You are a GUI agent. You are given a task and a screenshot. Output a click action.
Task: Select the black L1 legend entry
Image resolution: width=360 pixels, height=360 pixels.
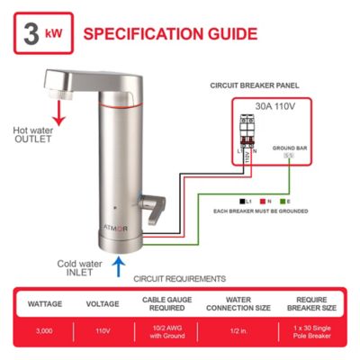click(x=246, y=200)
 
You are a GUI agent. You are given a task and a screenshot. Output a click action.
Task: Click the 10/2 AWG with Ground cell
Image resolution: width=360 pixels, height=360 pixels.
click(x=166, y=329)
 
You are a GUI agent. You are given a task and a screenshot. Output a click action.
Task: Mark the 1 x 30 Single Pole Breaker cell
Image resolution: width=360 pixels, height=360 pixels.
click(x=308, y=329)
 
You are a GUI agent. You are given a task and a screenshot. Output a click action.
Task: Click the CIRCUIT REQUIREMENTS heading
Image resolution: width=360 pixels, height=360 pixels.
click(x=179, y=279)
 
